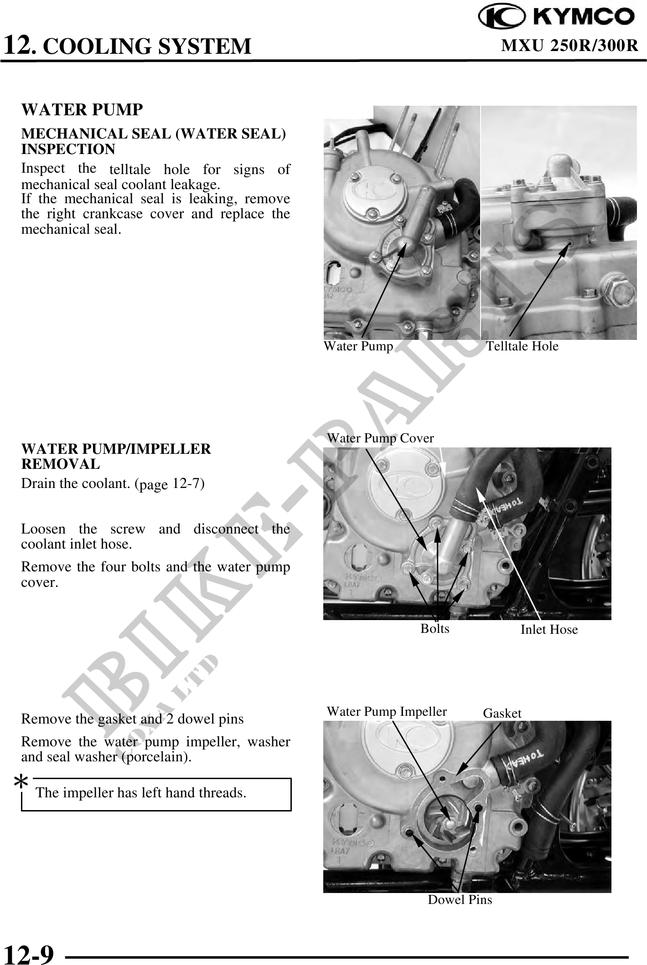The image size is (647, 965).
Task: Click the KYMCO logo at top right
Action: (556, 17)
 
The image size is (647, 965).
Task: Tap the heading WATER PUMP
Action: (82, 109)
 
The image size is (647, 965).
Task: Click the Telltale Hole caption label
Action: (522, 346)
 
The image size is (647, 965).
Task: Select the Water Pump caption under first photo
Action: (358, 346)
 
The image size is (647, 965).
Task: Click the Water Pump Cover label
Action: (380, 438)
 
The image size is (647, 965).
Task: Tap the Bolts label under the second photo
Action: (435, 629)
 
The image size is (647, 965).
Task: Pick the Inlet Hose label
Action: (549, 630)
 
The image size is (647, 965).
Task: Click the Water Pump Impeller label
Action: (387, 712)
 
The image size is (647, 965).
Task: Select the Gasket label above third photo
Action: (502, 713)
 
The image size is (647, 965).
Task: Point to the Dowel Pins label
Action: (460, 900)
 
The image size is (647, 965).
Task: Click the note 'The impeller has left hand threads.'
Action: (141, 793)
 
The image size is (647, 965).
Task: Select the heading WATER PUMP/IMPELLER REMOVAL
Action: (116, 457)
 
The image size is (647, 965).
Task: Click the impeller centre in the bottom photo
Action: (450, 824)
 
